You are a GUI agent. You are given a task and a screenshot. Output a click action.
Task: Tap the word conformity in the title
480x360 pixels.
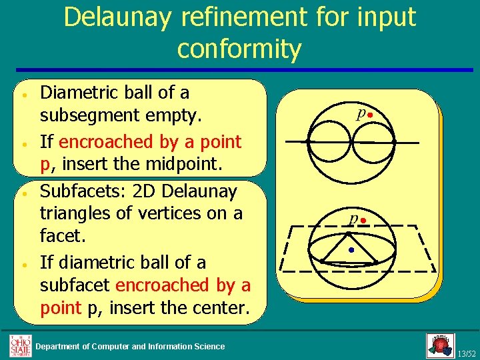pos(239,49)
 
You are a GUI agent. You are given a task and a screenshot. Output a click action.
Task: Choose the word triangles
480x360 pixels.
pos(81,213)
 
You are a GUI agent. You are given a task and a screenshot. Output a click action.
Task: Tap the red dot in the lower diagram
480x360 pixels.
pos(364,220)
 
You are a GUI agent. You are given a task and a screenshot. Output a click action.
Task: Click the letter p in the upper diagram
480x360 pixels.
pos(361,113)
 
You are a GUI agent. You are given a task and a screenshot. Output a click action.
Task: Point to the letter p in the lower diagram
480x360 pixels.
pos(355,218)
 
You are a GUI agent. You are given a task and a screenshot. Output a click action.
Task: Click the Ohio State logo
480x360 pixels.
pos(20,345)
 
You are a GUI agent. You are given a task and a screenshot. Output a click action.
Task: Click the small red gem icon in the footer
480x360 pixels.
pos(440,345)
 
